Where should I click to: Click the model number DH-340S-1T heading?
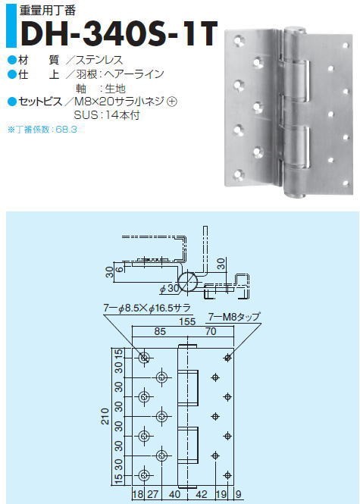click(119, 33)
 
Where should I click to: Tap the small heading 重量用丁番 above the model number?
click(48, 11)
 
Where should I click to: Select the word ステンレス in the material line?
click(99, 60)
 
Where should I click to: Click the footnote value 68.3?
click(66, 130)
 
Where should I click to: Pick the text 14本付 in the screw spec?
click(123, 115)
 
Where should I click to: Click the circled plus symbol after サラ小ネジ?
click(172, 102)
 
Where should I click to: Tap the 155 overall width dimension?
click(187, 321)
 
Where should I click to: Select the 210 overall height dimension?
click(105, 416)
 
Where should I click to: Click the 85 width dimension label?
click(160, 331)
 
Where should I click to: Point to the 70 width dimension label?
click(211, 331)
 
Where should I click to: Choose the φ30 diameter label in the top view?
click(170, 289)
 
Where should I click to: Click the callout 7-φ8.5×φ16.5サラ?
click(147, 308)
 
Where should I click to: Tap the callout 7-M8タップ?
click(233, 318)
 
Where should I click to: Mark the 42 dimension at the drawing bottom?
click(202, 494)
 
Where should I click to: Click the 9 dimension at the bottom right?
click(238, 494)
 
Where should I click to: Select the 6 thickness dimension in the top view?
click(119, 269)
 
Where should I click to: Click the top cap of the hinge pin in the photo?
click(294, 30)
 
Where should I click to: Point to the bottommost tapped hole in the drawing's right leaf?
click(227, 475)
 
